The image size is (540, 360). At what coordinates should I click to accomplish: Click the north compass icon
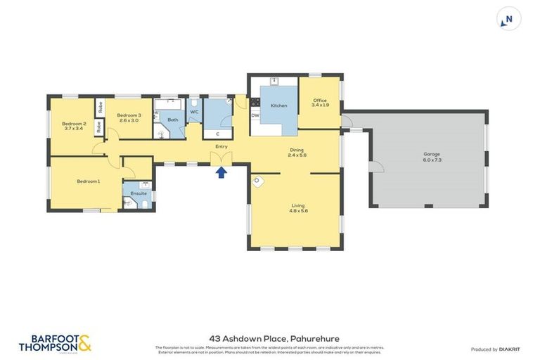[x=508, y=19]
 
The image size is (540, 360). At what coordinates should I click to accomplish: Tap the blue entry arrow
[x=222, y=172]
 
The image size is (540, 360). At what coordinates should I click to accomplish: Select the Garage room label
[x=432, y=157]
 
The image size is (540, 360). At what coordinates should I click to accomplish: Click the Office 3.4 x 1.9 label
[x=320, y=102]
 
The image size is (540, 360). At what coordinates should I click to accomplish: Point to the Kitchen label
[x=279, y=105]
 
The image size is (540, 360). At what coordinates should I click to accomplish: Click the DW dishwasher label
[x=256, y=115]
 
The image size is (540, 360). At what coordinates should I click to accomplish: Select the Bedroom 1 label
[x=88, y=181]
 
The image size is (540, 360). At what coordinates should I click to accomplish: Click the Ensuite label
[x=139, y=193]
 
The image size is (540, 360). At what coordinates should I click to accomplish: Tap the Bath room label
[x=172, y=120]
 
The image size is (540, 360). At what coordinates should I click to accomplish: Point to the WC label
[x=195, y=111]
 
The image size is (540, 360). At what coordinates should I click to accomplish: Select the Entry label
[x=222, y=146]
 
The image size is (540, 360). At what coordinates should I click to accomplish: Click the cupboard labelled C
[x=217, y=133]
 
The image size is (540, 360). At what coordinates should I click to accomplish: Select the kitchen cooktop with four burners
[x=255, y=103]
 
